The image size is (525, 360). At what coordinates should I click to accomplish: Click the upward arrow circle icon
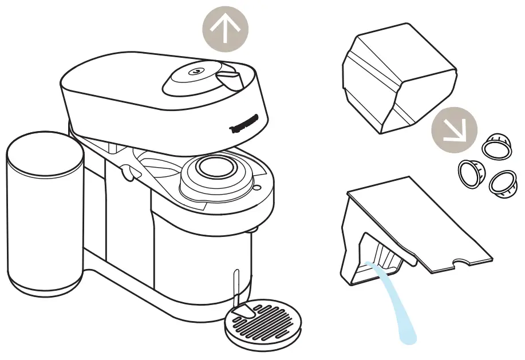click(x=226, y=29)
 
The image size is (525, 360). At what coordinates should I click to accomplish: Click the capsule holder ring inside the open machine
click(x=216, y=171)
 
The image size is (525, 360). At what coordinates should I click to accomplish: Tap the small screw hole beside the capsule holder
click(x=257, y=187)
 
